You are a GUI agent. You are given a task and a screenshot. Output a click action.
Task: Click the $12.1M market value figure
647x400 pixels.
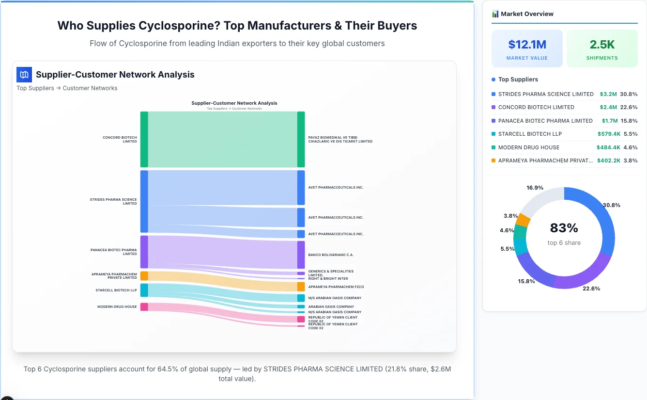[527, 45]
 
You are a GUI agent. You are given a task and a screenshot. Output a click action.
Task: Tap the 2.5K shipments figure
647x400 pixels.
[602, 45]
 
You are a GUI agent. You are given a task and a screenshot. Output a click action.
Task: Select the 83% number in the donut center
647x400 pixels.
[564, 228]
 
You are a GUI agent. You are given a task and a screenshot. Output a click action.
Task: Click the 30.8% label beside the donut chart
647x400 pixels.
[611, 205]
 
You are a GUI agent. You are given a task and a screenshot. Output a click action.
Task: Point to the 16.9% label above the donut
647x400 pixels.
[535, 188]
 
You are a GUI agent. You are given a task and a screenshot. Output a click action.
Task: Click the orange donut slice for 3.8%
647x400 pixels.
[523, 220]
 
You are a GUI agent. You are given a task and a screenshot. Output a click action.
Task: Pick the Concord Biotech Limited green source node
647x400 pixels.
[144, 140]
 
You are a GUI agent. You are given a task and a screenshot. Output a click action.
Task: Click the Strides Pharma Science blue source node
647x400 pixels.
[144, 201]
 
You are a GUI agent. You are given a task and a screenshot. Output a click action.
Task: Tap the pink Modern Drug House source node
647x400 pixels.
[144, 307]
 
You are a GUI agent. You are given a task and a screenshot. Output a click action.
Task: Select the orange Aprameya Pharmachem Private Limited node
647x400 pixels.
[144, 276]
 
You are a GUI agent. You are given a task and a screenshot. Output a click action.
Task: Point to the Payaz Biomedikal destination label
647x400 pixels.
[340, 140]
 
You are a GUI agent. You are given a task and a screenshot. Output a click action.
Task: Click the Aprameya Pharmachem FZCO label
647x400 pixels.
[336, 287]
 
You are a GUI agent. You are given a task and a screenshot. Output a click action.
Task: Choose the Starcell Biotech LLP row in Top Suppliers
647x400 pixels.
[530, 134]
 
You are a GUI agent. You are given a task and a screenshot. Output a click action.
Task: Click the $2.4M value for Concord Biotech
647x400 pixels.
[608, 107]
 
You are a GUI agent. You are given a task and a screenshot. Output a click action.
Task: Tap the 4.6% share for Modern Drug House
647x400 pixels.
[630, 147]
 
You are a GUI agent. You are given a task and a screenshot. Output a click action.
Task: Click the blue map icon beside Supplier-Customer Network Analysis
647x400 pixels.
[24, 75]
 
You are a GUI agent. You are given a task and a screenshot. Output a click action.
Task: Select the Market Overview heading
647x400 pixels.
[526, 14]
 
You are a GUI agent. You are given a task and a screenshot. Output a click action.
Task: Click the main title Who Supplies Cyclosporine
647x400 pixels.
[237, 26]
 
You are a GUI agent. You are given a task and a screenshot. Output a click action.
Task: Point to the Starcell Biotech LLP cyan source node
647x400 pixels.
[144, 290]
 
